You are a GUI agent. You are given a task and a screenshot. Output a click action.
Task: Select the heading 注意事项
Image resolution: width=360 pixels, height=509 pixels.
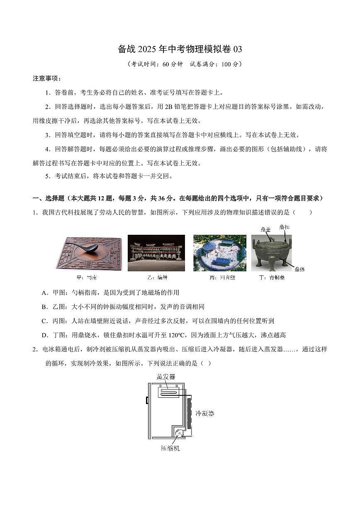(47, 78)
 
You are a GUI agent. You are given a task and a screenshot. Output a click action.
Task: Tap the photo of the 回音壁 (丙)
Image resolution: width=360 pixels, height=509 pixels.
(219, 253)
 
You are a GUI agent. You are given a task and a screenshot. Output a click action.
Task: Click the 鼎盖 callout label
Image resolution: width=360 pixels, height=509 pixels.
(265, 229)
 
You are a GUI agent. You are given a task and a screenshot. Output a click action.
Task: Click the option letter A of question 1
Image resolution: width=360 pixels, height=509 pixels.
(44, 293)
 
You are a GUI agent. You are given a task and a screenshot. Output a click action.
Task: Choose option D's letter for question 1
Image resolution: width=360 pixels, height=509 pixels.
(44, 335)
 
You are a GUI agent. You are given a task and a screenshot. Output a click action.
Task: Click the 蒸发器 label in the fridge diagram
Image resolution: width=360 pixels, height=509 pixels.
(166, 377)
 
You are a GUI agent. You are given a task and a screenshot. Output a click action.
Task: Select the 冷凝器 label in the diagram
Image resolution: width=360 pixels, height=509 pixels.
(205, 414)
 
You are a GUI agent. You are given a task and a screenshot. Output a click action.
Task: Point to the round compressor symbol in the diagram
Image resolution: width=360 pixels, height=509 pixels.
(179, 434)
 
